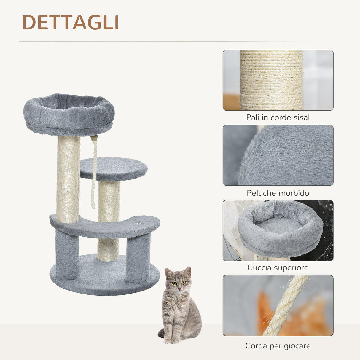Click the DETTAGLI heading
[x=71, y=22]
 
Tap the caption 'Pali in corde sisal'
[x=278, y=117]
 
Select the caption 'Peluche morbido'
[x=278, y=193]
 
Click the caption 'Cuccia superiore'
[x=278, y=267]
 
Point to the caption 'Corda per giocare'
[x=278, y=346]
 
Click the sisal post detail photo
[x=278, y=80]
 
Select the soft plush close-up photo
[x=278, y=155]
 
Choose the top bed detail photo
[x=278, y=230]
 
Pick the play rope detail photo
[x=278, y=305]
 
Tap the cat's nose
[x=179, y=288]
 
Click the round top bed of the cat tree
[x=69, y=114]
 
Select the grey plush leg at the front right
[x=138, y=258]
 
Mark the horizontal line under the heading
[x=166, y=42]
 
